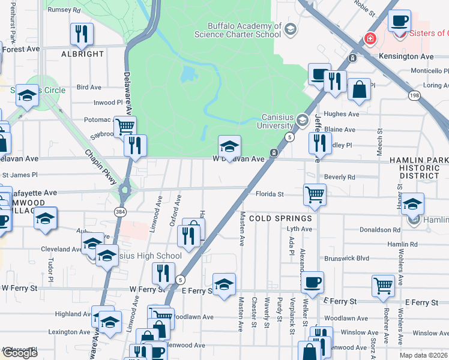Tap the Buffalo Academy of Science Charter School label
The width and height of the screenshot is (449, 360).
tap(244, 30)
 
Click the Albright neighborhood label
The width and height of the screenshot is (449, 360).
tap(83, 54)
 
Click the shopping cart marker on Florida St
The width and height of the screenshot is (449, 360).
tap(315, 194)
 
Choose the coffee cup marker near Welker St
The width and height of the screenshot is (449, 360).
tap(312, 281)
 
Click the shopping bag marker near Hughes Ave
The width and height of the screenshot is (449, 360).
tap(359, 90)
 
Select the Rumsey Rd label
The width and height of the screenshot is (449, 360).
tap(64, 10)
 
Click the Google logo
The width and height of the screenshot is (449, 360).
tap(20, 353)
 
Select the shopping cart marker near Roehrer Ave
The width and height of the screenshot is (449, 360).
tap(383, 286)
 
